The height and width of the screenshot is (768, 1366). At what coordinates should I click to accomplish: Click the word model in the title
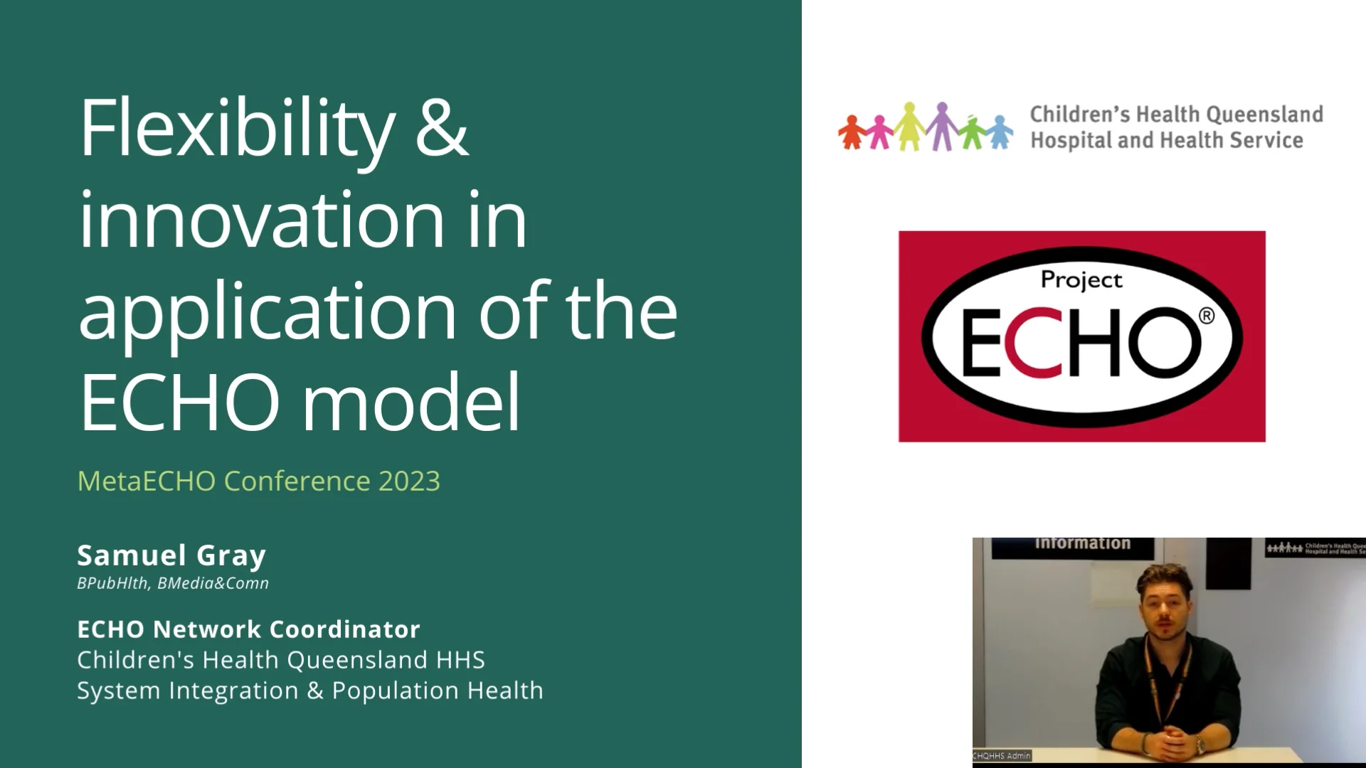click(x=411, y=402)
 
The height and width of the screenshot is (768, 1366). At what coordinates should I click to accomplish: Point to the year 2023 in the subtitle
click(x=409, y=481)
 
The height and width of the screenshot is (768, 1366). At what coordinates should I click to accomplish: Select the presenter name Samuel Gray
click(x=171, y=555)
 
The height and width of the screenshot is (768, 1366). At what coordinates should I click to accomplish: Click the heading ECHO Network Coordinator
click(x=248, y=629)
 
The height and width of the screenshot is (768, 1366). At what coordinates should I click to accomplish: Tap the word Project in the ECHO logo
click(x=1081, y=280)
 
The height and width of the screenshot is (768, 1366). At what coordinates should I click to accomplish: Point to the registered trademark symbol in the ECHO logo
click(x=1207, y=316)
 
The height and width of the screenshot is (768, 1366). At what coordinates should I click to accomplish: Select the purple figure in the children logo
click(x=942, y=127)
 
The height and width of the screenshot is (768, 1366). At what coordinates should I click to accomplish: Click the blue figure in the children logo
click(x=1000, y=132)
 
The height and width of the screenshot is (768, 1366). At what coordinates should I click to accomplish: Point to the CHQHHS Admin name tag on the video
click(x=1002, y=755)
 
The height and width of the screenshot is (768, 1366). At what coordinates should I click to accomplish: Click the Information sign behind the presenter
click(x=1082, y=544)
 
